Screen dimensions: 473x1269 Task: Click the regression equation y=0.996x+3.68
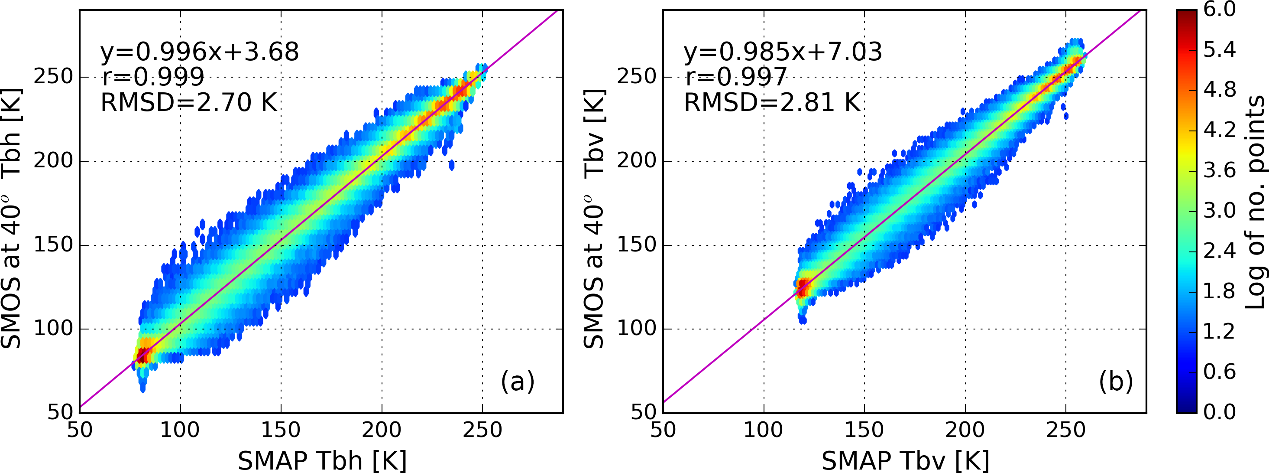[x=200, y=52]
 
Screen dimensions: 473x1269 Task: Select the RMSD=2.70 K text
[x=189, y=103]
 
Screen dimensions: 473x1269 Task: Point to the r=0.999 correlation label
[x=153, y=77]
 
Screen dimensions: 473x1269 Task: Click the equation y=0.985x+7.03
[x=782, y=52]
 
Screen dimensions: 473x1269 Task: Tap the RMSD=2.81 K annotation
[x=772, y=103]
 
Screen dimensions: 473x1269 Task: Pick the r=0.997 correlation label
[x=735, y=77]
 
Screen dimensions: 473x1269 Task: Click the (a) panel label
[x=517, y=381]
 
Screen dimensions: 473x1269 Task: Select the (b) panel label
[x=1116, y=381]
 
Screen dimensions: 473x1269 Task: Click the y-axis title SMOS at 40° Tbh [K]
[x=12, y=219]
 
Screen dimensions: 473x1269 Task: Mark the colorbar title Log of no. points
[x=1255, y=202]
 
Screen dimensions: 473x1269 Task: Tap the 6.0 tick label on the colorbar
[x=1219, y=10]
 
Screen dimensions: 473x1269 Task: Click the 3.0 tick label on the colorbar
[x=1219, y=211]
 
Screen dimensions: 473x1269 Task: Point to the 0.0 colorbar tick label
[x=1219, y=412]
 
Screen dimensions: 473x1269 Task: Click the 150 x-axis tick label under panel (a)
[x=281, y=430]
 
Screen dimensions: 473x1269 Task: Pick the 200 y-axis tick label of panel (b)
[x=637, y=161]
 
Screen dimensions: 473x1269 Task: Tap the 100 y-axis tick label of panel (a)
[x=53, y=329]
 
